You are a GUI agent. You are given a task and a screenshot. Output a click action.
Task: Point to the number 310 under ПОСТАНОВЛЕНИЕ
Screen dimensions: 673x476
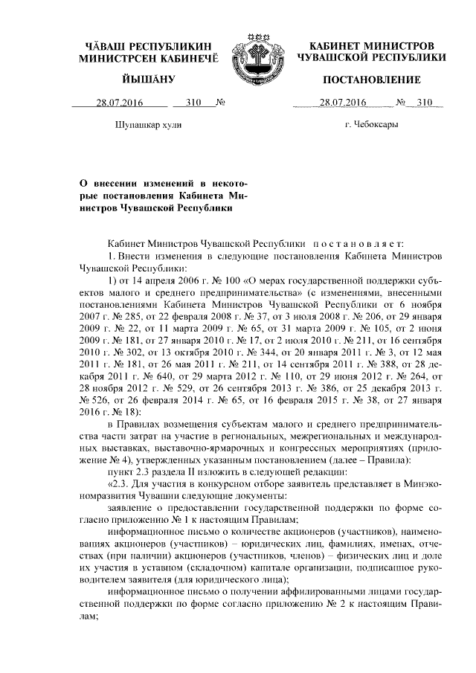click(424, 103)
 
